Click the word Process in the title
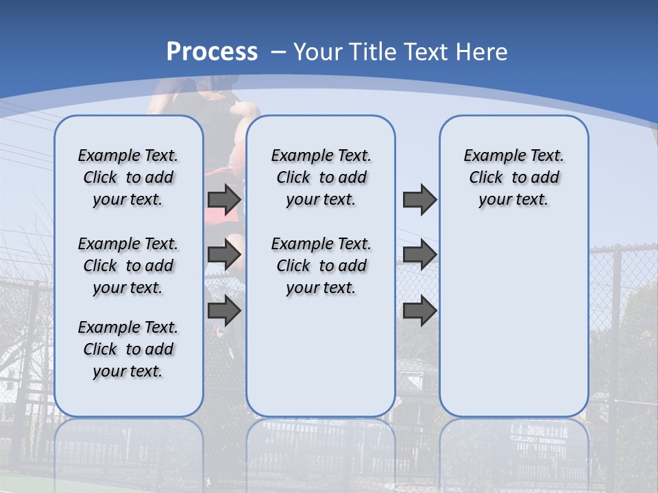[x=212, y=52]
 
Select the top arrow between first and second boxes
[x=224, y=199]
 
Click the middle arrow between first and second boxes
[x=224, y=255]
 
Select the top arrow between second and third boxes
[x=419, y=199]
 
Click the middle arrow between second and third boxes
[x=419, y=255]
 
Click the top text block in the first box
[x=128, y=177]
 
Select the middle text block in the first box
[x=128, y=266]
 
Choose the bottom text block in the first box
[x=128, y=349]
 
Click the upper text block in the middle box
[x=321, y=177]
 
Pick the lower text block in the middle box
[x=321, y=266]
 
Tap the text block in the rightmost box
[x=513, y=177]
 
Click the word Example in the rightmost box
[x=490, y=155]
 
